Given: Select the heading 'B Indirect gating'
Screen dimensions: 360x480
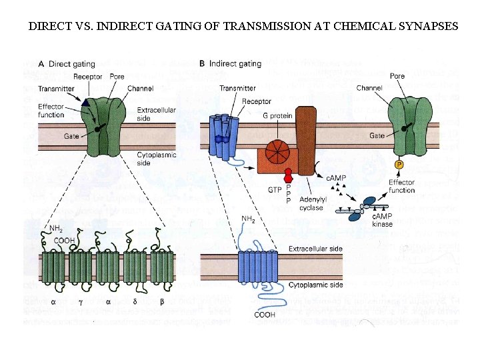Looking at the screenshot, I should click(x=230, y=64).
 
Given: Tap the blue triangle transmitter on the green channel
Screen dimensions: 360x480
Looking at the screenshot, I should click(x=85, y=103).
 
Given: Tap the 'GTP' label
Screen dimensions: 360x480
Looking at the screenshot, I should click(x=275, y=189).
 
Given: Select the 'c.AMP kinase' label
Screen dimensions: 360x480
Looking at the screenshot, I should click(x=382, y=220).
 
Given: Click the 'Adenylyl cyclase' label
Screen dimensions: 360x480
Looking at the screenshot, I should click(x=311, y=203).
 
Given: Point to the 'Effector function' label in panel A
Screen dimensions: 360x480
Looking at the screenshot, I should click(x=51, y=111).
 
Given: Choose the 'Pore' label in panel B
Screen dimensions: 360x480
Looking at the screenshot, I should click(x=397, y=76).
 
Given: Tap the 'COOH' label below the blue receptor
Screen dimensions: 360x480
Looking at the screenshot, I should click(x=264, y=314).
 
